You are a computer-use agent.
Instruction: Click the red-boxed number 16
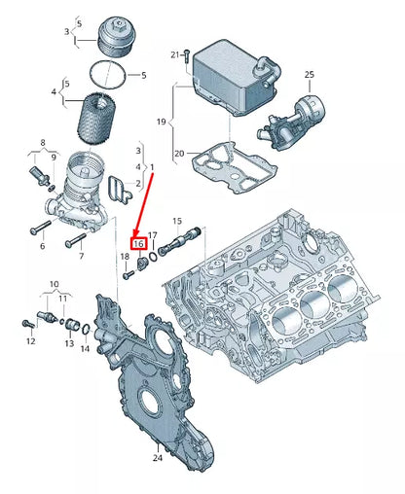coord(138,244)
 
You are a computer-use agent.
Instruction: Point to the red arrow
coord(146,205)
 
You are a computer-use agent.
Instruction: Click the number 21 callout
coord(175,54)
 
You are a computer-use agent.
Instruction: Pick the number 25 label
coord(309,74)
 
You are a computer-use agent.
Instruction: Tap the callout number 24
coord(156,456)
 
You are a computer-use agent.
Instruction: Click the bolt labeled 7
coord(74,237)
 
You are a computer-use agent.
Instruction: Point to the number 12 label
coord(30,341)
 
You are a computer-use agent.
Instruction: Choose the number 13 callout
coord(69,342)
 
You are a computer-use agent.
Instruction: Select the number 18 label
coord(125,256)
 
